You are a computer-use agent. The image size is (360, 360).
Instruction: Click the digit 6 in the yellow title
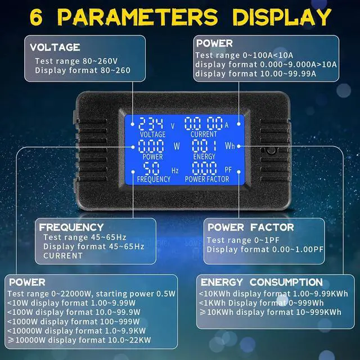[x=37, y=16]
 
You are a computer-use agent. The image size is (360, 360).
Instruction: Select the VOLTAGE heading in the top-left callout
[x=55, y=47]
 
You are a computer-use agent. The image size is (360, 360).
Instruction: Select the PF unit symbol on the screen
[x=228, y=169]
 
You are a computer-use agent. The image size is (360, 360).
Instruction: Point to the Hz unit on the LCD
[x=175, y=169]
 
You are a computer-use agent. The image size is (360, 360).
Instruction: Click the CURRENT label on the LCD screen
[x=203, y=135]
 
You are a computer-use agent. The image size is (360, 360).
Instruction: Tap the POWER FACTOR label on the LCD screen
[x=206, y=179]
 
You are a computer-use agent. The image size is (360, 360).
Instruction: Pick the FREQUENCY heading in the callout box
[x=71, y=227]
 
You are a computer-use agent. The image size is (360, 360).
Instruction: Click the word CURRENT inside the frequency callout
[x=62, y=256]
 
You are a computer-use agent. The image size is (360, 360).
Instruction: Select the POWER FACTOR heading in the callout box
[x=251, y=227]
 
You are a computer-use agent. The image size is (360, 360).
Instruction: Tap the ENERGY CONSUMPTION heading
[x=262, y=282]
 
